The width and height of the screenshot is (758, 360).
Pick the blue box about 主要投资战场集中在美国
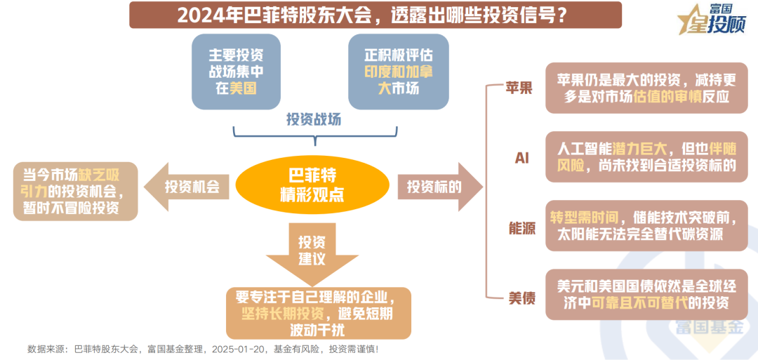236,71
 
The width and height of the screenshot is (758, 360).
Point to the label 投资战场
313,119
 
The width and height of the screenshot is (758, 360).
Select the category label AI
521,157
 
